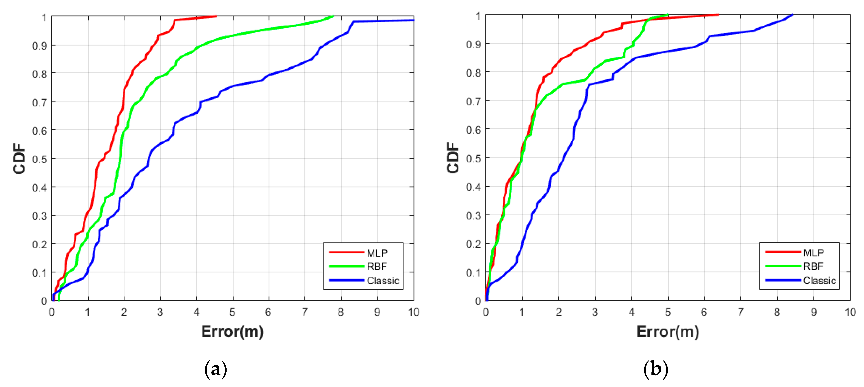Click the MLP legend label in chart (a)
point(377,252)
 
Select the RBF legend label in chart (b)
point(813,266)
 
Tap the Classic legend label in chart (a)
point(383,280)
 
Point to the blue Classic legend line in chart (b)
point(783,280)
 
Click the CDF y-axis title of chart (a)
point(19,159)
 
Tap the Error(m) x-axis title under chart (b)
point(667,331)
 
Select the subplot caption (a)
point(216,369)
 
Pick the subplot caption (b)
point(655,369)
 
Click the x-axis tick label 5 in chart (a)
point(233,312)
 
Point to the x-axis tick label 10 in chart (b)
point(850,312)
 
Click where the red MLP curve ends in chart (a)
point(216,16)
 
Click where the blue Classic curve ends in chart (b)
point(793,15)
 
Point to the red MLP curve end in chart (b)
point(718,15)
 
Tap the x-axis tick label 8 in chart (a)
point(341,312)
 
